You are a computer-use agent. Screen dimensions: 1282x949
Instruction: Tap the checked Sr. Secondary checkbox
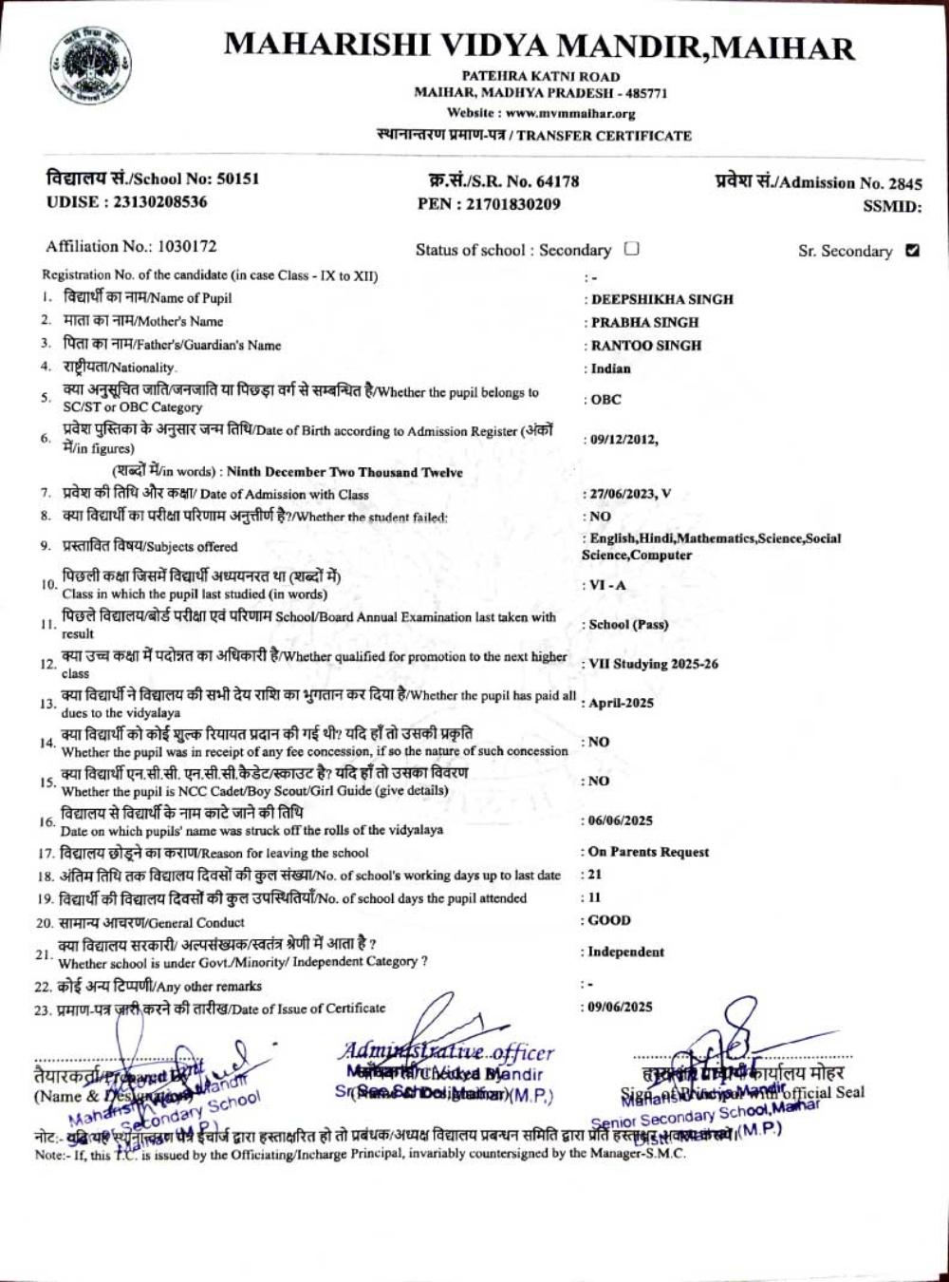tap(913, 251)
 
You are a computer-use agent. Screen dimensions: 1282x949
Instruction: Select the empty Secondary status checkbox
tap(632, 250)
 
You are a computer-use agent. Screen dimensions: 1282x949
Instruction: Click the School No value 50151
tap(237, 179)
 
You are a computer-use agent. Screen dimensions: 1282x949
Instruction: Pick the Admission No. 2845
tap(903, 183)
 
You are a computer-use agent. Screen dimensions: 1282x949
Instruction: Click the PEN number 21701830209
tap(512, 203)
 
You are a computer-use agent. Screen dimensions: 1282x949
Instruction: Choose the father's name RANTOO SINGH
tap(646, 346)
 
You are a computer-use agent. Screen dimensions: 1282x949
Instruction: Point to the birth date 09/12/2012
tap(623, 439)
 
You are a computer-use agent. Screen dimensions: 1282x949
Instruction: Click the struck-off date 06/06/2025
tap(621, 820)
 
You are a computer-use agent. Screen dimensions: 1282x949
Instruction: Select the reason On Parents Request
tap(648, 852)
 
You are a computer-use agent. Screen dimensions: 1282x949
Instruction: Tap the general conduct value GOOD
tap(609, 920)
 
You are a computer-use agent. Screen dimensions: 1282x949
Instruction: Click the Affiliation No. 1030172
tap(187, 247)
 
